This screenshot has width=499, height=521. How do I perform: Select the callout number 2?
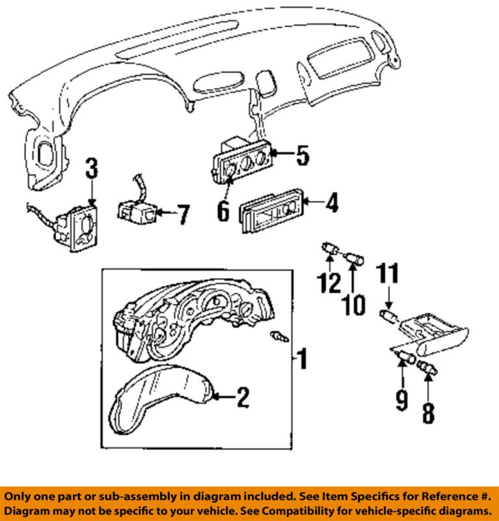click(x=243, y=397)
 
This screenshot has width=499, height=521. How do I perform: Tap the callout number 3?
click(x=92, y=169)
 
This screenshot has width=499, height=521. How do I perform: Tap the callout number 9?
click(x=401, y=399)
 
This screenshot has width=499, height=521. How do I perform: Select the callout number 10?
click(x=355, y=303)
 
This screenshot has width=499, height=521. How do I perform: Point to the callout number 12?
click(x=330, y=283)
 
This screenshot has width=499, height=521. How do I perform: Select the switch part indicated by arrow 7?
click(x=135, y=209)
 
